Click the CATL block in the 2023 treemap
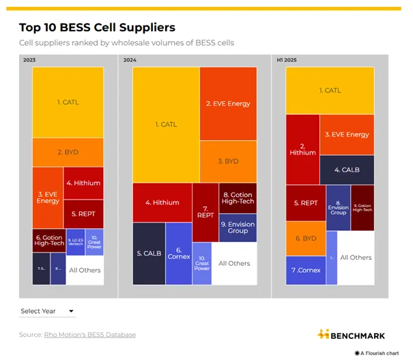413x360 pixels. pyautogui.click(x=68, y=102)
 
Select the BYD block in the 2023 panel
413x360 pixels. pyautogui.click(x=68, y=152)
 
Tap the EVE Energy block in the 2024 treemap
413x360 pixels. pyautogui.click(x=228, y=103)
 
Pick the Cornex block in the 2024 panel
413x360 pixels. pyautogui.click(x=179, y=253)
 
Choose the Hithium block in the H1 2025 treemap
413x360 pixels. pyautogui.click(x=302, y=148)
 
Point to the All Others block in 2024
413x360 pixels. pyautogui.click(x=234, y=263)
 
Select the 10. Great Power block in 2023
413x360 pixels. pyautogui.click(x=95, y=242)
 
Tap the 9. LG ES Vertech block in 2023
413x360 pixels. pyautogui.click(x=75, y=242)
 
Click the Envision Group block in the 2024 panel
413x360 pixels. pyautogui.click(x=238, y=227)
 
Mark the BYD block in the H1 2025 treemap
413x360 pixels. pyautogui.click(x=306, y=238)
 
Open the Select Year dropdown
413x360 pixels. pyautogui.click(x=46, y=311)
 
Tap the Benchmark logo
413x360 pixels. pyautogui.click(x=351, y=335)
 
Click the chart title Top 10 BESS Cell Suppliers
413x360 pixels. pyautogui.click(x=97, y=28)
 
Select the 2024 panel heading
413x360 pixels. pyautogui.click(x=130, y=60)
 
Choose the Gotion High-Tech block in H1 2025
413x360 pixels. pyautogui.click(x=362, y=208)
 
